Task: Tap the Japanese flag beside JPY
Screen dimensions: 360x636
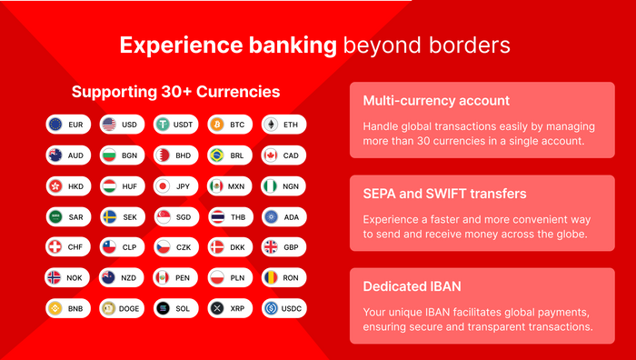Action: click(163, 186)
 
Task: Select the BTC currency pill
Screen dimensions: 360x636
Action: click(231, 125)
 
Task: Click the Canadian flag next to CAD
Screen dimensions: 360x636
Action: click(271, 155)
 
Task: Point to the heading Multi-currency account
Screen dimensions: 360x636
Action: click(423, 101)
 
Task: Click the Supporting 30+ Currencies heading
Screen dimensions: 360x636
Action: click(175, 92)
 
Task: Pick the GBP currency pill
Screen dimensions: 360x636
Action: click(284, 247)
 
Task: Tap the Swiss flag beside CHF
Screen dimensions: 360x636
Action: click(55, 247)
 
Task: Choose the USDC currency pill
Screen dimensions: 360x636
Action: click(284, 309)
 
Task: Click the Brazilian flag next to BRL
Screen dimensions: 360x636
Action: click(216, 155)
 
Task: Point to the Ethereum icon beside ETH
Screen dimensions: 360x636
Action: click(271, 125)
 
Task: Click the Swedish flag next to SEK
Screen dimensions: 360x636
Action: click(109, 217)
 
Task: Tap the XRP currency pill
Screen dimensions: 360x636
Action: click(231, 309)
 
